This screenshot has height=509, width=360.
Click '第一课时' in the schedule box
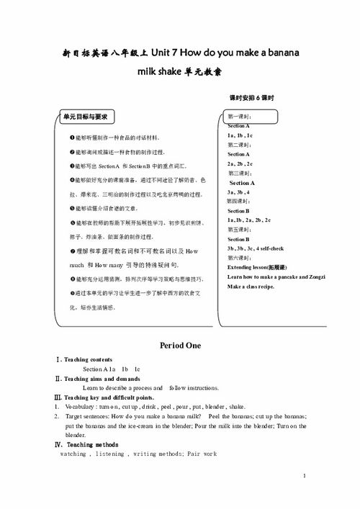tap(239, 116)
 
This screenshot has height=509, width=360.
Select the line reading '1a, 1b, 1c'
tap(240, 135)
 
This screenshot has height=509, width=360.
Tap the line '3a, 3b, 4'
tap(238, 192)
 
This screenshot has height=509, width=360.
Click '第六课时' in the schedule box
tap(239, 257)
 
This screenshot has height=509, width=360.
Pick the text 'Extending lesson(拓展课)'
tap(256, 266)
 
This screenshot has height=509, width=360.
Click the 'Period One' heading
tap(180, 346)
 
